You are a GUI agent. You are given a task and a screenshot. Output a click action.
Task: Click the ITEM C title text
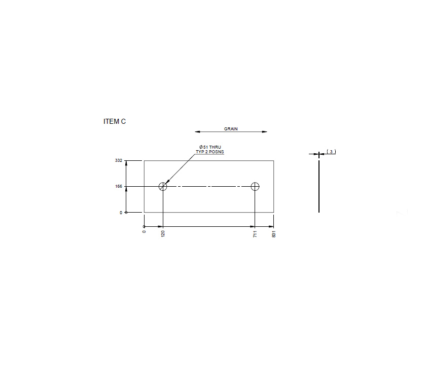pos(114,122)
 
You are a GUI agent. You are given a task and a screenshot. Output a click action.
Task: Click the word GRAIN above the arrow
pos(231,129)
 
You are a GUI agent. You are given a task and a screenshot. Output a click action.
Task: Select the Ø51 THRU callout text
pos(210,147)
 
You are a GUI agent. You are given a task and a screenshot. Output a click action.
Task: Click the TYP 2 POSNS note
pos(210,152)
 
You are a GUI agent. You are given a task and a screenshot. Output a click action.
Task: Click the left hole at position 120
pos(162,186)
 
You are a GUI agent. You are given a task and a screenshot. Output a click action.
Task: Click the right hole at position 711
pos(255,186)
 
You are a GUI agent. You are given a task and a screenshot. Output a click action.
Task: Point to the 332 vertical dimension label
pos(119,160)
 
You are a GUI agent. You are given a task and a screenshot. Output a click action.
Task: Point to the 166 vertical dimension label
pos(119,187)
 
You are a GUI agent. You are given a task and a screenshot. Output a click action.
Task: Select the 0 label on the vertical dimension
pos(121,213)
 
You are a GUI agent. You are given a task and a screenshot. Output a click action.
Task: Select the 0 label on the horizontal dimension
pos(144,232)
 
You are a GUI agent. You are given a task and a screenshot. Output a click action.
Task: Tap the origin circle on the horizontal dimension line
pos(145,226)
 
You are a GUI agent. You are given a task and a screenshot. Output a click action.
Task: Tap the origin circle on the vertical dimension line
pos(126,212)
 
